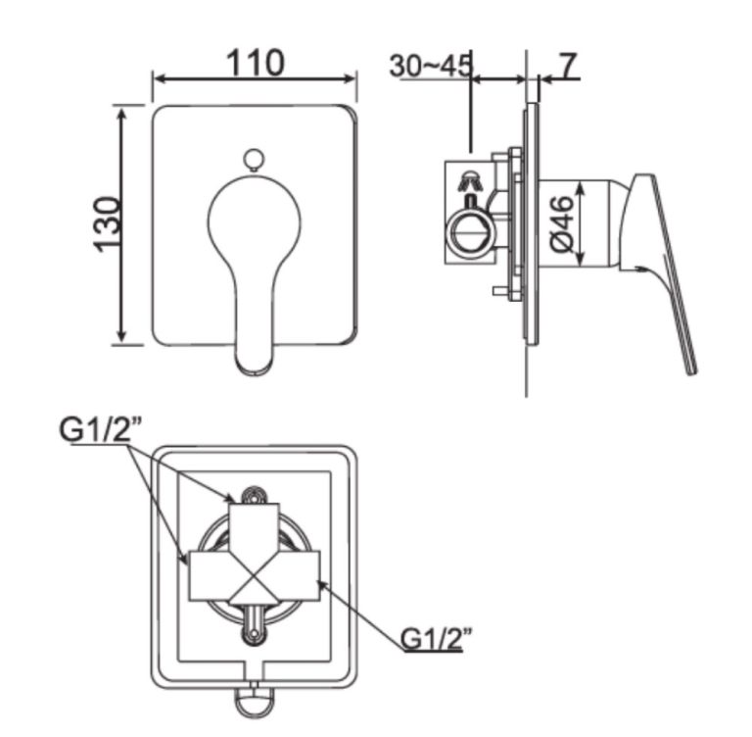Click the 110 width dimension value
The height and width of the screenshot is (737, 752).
pyautogui.click(x=256, y=62)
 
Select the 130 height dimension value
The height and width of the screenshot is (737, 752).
pyautogui.click(x=108, y=224)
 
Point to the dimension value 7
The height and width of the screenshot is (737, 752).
pyautogui.click(x=568, y=65)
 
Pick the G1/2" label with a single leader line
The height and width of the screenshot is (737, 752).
pyautogui.click(x=438, y=637)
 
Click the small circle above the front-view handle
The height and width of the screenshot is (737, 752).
pyautogui.click(x=254, y=159)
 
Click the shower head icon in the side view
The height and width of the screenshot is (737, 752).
pyautogui.click(x=471, y=180)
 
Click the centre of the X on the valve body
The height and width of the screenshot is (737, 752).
pyautogui.click(x=254, y=576)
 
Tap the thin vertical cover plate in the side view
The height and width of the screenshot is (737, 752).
pyautogui.click(x=530, y=225)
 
